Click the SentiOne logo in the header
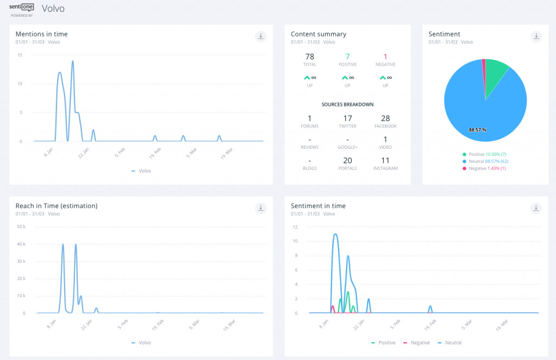22,9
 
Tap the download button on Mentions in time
261,36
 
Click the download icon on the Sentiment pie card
536,36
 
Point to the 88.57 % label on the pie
478,130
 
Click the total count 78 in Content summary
309,56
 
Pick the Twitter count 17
347,118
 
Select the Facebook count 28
386,118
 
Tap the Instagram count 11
386,161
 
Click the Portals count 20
347,161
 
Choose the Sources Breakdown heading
347,104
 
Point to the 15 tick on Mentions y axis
20,55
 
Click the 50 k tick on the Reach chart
22,226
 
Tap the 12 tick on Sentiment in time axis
295,227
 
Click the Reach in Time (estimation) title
56,206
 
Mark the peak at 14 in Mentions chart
72,61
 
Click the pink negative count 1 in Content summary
386,56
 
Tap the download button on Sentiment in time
536,208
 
